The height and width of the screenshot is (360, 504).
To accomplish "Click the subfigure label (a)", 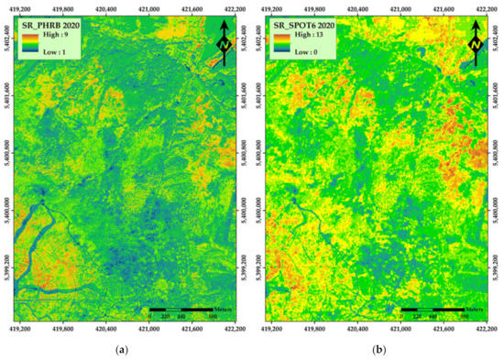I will pyautogui.click(x=122, y=350).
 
